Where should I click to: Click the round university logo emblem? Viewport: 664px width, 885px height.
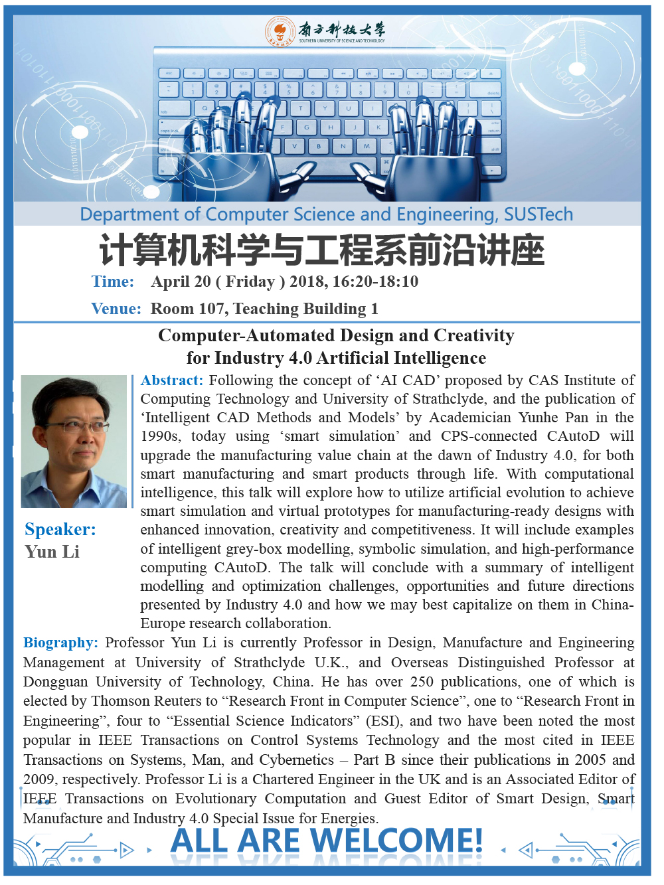(280, 31)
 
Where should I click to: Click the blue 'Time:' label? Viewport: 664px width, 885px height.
(113, 282)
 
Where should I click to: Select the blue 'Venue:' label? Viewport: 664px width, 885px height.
(116, 309)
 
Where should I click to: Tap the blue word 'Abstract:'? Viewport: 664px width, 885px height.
(171, 380)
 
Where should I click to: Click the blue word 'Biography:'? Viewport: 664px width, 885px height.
(60, 643)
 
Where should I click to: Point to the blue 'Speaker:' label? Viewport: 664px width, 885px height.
(60, 529)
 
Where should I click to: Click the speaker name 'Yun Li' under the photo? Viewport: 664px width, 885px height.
(52, 552)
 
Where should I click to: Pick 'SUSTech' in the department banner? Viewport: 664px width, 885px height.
(538, 214)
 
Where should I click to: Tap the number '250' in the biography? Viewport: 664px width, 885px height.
(422, 682)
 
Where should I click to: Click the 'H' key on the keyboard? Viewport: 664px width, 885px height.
(330, 127)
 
